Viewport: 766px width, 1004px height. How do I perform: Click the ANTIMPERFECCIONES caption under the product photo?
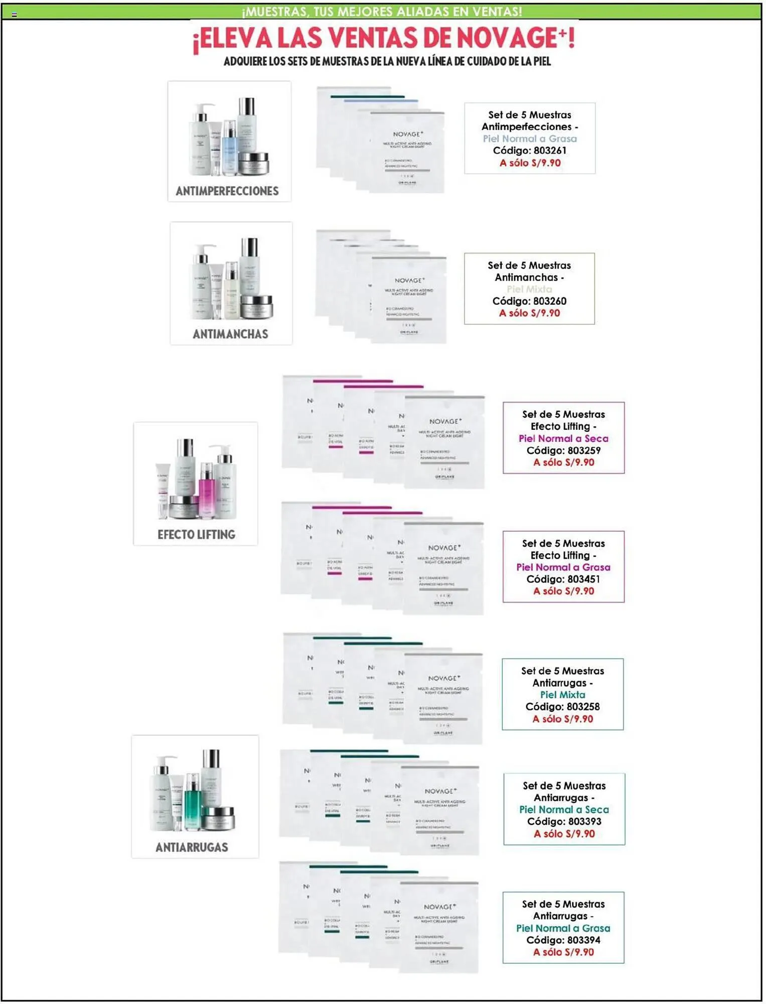[x=227, y=191]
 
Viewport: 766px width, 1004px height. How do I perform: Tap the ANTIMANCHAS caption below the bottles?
[x=230, y=334]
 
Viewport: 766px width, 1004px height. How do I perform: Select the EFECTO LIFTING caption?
[x=196, y=535]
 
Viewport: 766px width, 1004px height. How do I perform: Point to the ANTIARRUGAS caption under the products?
[x=192, y=848]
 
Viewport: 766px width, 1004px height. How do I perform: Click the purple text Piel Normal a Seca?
[x=563, y=438]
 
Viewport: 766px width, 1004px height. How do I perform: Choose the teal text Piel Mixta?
[x=562, y=695]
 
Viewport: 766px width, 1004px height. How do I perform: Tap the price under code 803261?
[x=530, y=163]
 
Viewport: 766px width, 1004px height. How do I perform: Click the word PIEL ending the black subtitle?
[x=542, y=62]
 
